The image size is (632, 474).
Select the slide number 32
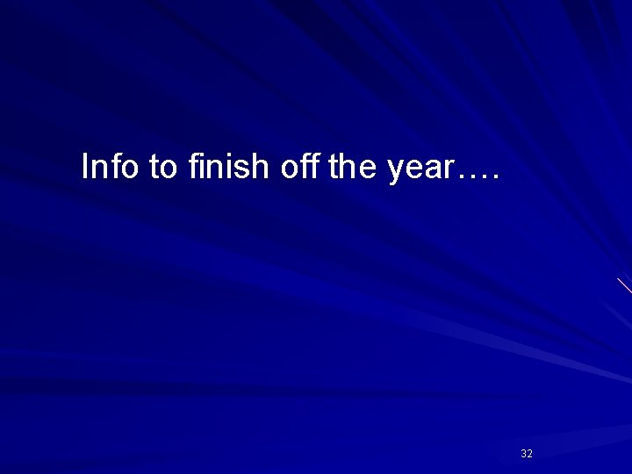tap(527, 454)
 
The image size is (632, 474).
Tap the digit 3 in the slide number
tap(523, 454)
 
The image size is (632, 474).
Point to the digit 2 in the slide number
tap(530, 454)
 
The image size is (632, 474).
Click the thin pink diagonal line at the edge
tap(624, 285)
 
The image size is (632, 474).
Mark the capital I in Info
tap(84, 166)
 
